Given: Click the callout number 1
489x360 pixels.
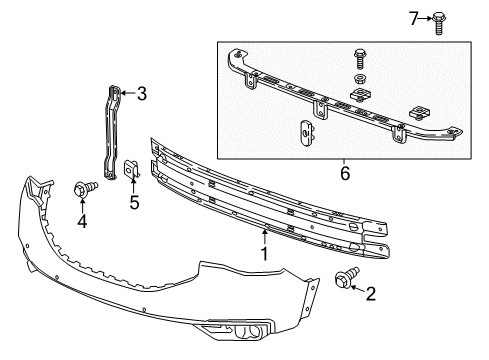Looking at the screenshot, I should [x=265, y=255].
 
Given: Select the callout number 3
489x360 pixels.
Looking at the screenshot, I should [x=141, y=94].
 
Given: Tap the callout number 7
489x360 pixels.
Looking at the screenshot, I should [x=414, y=17].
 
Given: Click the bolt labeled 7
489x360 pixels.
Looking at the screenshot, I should [x=439, y=20].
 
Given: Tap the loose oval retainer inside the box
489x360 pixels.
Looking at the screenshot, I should [x=307, y=131].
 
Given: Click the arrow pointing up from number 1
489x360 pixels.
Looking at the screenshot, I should [x=265, y=237].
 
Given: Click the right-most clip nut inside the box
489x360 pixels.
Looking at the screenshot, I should [x=421, y=108].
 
